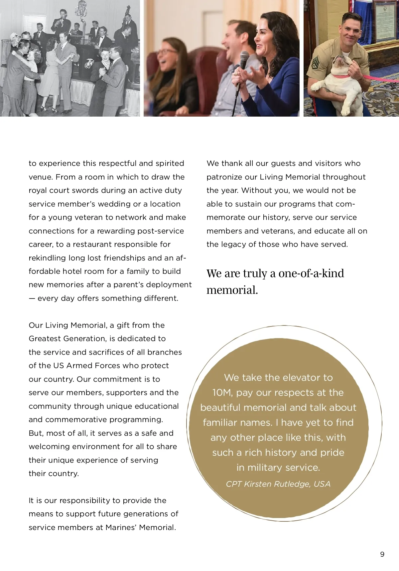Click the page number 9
pyautogui.click(x=382, y=554)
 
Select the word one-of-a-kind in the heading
pyautogui.click(x=311, y=273)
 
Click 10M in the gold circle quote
pyautogui.click(x=222, y=392)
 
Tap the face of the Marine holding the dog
pyautogui.click(x=352, y=32)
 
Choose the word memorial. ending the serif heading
pyautogui.click(x=232, y=290)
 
